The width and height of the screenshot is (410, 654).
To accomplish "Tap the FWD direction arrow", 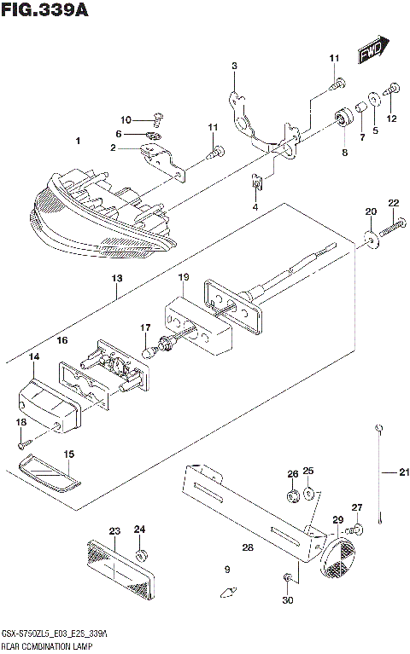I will point(372,50).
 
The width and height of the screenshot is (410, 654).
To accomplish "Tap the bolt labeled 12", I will point(394,88).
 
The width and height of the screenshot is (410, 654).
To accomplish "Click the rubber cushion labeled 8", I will point(344,117).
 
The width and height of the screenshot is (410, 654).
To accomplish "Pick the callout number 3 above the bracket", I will point(234,66).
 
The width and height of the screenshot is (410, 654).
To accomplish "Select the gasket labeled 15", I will point(50,475).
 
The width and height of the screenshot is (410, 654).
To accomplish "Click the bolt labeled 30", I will point(286,581).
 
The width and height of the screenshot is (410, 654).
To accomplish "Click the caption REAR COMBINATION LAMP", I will point(46,646).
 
